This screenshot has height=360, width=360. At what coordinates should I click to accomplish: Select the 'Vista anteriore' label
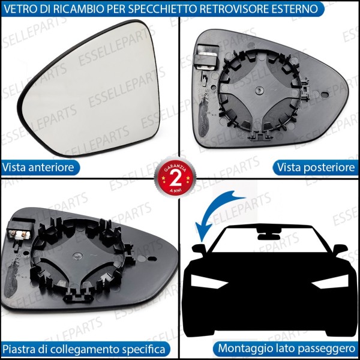38,167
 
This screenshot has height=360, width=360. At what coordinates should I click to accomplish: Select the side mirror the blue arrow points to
198,249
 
